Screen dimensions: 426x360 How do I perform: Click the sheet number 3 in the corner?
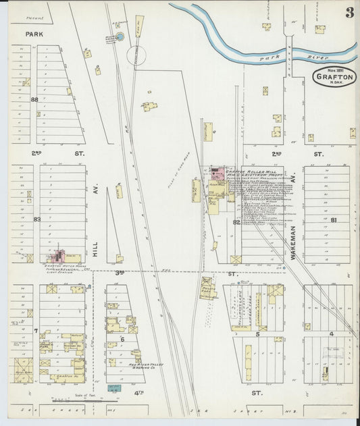(349, 13)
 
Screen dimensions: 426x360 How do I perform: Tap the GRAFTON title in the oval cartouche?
(334, 77)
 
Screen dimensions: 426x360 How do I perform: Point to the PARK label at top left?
(33, 32)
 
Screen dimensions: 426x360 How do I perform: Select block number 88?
(34, 99)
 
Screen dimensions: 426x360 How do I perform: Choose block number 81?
(334, 220)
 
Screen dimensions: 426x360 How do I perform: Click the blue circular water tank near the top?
(120, 36)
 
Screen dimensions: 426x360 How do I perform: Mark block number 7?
(35, 331)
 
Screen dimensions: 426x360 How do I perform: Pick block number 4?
(331, 334)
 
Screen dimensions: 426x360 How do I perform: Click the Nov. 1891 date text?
(333, 70)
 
